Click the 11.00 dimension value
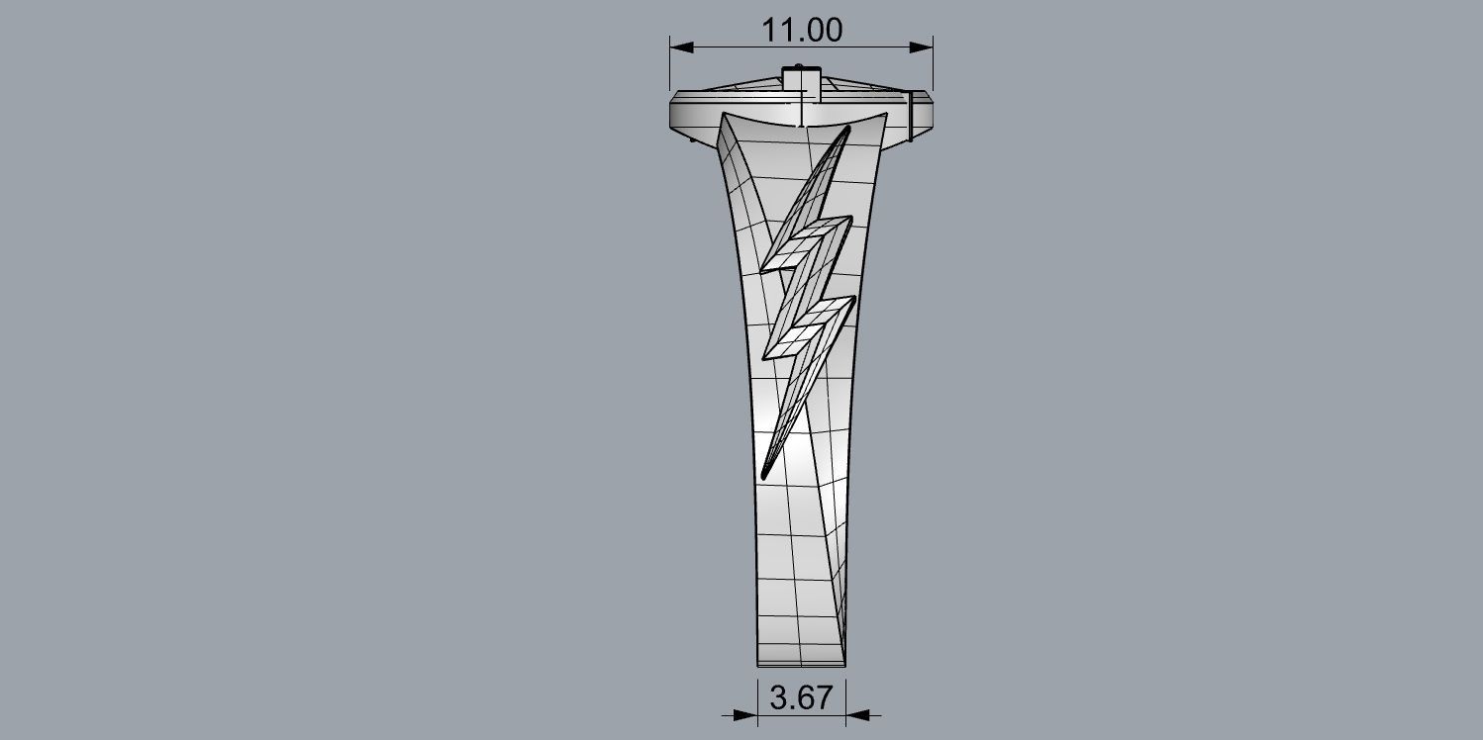[x=802, y=30]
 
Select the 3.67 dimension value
[x=801, y=698]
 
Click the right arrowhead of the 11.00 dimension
[x=924, y=46]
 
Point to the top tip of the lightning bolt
[x=847, y=129]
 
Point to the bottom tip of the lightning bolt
[x=763, y=477]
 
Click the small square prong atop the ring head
[x=802, y=78]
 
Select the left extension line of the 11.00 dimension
[x=670, y=69]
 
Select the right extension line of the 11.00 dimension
[x=934, y=69]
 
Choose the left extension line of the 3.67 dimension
[x=757, y=698]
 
